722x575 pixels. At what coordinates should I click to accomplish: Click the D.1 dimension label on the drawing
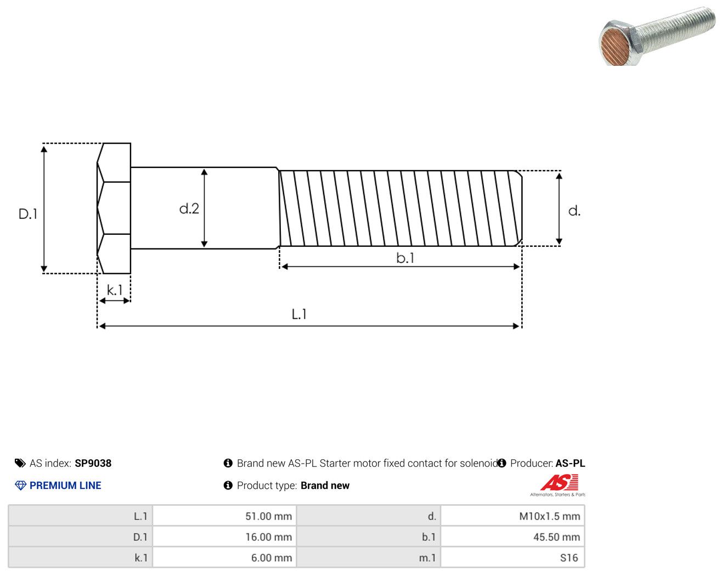[28, 214]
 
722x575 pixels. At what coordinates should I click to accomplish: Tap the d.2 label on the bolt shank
[189, 208]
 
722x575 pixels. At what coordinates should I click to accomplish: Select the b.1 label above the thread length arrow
[405, 258]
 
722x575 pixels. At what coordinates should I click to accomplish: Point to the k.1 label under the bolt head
[115, 290]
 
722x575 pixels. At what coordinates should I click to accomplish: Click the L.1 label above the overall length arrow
[299, 314]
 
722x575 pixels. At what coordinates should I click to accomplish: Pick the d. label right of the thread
[574, 211]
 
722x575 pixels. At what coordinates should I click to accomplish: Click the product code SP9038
[93, 463]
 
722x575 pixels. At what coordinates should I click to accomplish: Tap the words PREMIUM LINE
[65, 486]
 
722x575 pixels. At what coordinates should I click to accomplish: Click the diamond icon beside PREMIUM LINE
[20, 486]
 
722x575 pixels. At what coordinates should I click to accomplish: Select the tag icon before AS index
[20, 463]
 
